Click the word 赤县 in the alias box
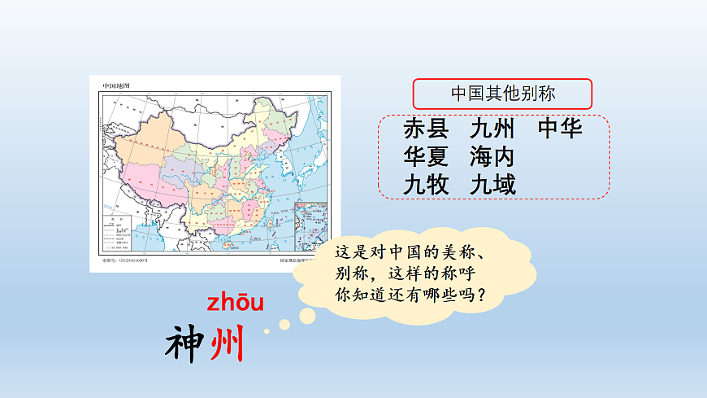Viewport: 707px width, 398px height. pos(425,129)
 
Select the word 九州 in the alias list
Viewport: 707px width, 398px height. pos(492,129)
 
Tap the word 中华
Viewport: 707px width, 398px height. pos(560,129)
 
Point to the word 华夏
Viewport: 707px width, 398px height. pos(425,157)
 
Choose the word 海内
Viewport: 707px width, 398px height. pos(492,157)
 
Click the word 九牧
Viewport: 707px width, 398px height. pos(425,185)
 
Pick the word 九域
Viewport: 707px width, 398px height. pos(492,185)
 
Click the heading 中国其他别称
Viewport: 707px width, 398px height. pos(503,94)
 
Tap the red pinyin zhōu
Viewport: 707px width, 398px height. pos(236,304)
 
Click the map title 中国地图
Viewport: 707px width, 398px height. pos(116,85)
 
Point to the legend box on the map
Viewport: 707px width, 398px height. pos(117,235)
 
